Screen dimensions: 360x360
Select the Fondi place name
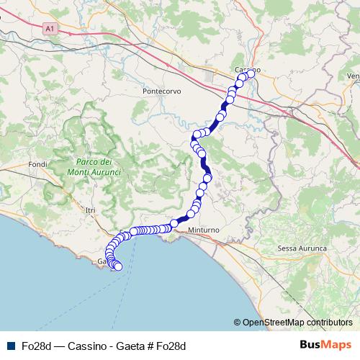[x=37, y=164]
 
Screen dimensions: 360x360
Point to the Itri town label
[x=90, y=210]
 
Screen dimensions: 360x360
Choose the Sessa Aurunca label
[x=302, y=248]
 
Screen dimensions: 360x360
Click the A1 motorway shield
[x=49, y=30]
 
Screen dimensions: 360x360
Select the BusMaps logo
[x=325, y=346]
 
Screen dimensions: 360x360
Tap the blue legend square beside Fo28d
[x=11, y=346]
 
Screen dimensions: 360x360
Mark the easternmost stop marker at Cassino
[x=251, y=73]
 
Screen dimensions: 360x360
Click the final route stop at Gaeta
[x=118, y=267]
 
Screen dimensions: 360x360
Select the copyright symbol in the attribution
[x=238, y=323]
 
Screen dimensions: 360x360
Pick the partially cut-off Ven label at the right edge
[x=353, y=76]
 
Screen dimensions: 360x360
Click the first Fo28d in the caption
[x=35, y=346]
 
